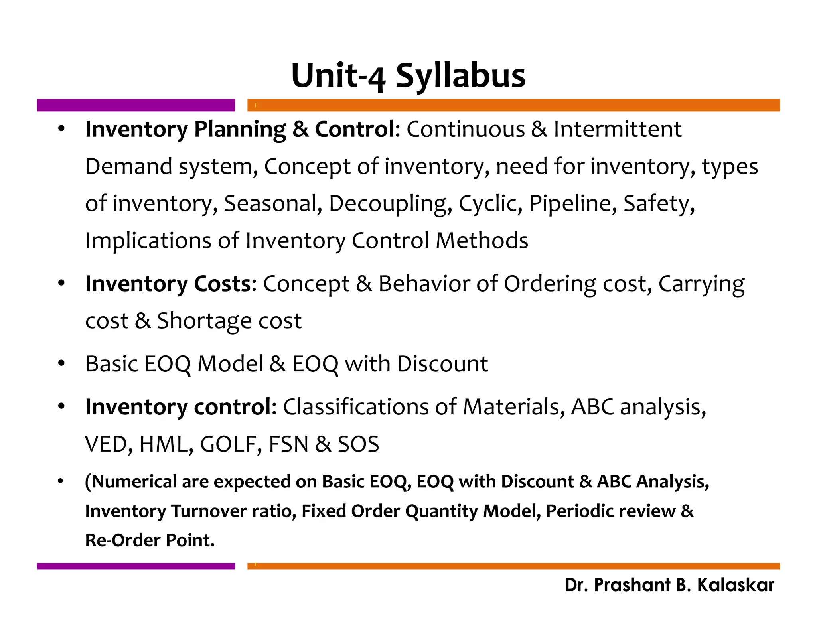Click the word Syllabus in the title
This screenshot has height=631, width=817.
(460, 76)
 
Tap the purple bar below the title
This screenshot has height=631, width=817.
(136, 105)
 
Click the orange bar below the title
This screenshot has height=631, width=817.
(513, 105)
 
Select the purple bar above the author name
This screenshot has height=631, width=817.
(136, 566)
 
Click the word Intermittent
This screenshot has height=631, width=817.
(618, 129)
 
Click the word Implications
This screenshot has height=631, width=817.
(148, 241)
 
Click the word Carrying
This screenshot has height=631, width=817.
(701, 284)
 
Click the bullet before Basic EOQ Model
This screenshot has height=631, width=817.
(61, 363)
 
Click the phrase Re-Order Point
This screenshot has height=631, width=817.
(150, 540)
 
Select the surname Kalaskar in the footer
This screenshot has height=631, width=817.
(735, 585)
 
